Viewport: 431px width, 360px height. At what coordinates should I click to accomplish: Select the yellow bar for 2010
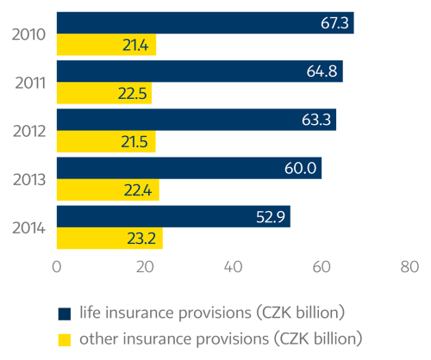coord(106,45)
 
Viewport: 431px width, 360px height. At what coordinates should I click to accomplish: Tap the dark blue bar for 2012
coord(197,119)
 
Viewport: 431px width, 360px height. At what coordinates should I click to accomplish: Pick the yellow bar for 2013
coord(108,190)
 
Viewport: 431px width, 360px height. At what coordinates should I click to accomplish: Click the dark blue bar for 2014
coord(173,216)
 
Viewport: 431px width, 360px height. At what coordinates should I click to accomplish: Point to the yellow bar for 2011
coord(103,94)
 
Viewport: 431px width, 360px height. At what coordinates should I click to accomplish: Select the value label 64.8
coord(321,71)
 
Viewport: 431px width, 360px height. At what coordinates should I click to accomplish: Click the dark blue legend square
coord(63,312)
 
